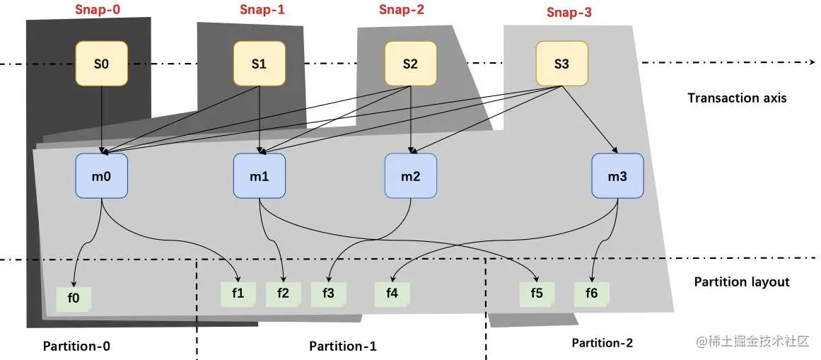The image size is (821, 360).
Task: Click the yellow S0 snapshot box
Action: (x=102, y=64)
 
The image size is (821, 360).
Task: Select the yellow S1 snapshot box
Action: (x=260, y=64)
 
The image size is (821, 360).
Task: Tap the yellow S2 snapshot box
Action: (x=410, y=64)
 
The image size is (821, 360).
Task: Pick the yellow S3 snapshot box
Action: (x=561, y=64)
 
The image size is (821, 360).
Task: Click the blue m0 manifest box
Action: (x=102, y=176)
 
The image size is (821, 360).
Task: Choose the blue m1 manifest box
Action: (x=260, y=176)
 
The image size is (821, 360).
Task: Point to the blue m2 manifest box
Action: (x=410, y=176)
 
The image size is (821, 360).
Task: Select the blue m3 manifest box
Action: (x=617, y=176)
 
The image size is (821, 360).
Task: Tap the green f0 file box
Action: (x=74, y=298)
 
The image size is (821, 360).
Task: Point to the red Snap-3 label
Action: (x=570, y=12)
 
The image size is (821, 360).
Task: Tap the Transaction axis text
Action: (x=737, y=98)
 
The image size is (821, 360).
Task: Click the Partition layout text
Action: (x=741, y=281)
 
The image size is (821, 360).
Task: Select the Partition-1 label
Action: (x=343, y=346)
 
